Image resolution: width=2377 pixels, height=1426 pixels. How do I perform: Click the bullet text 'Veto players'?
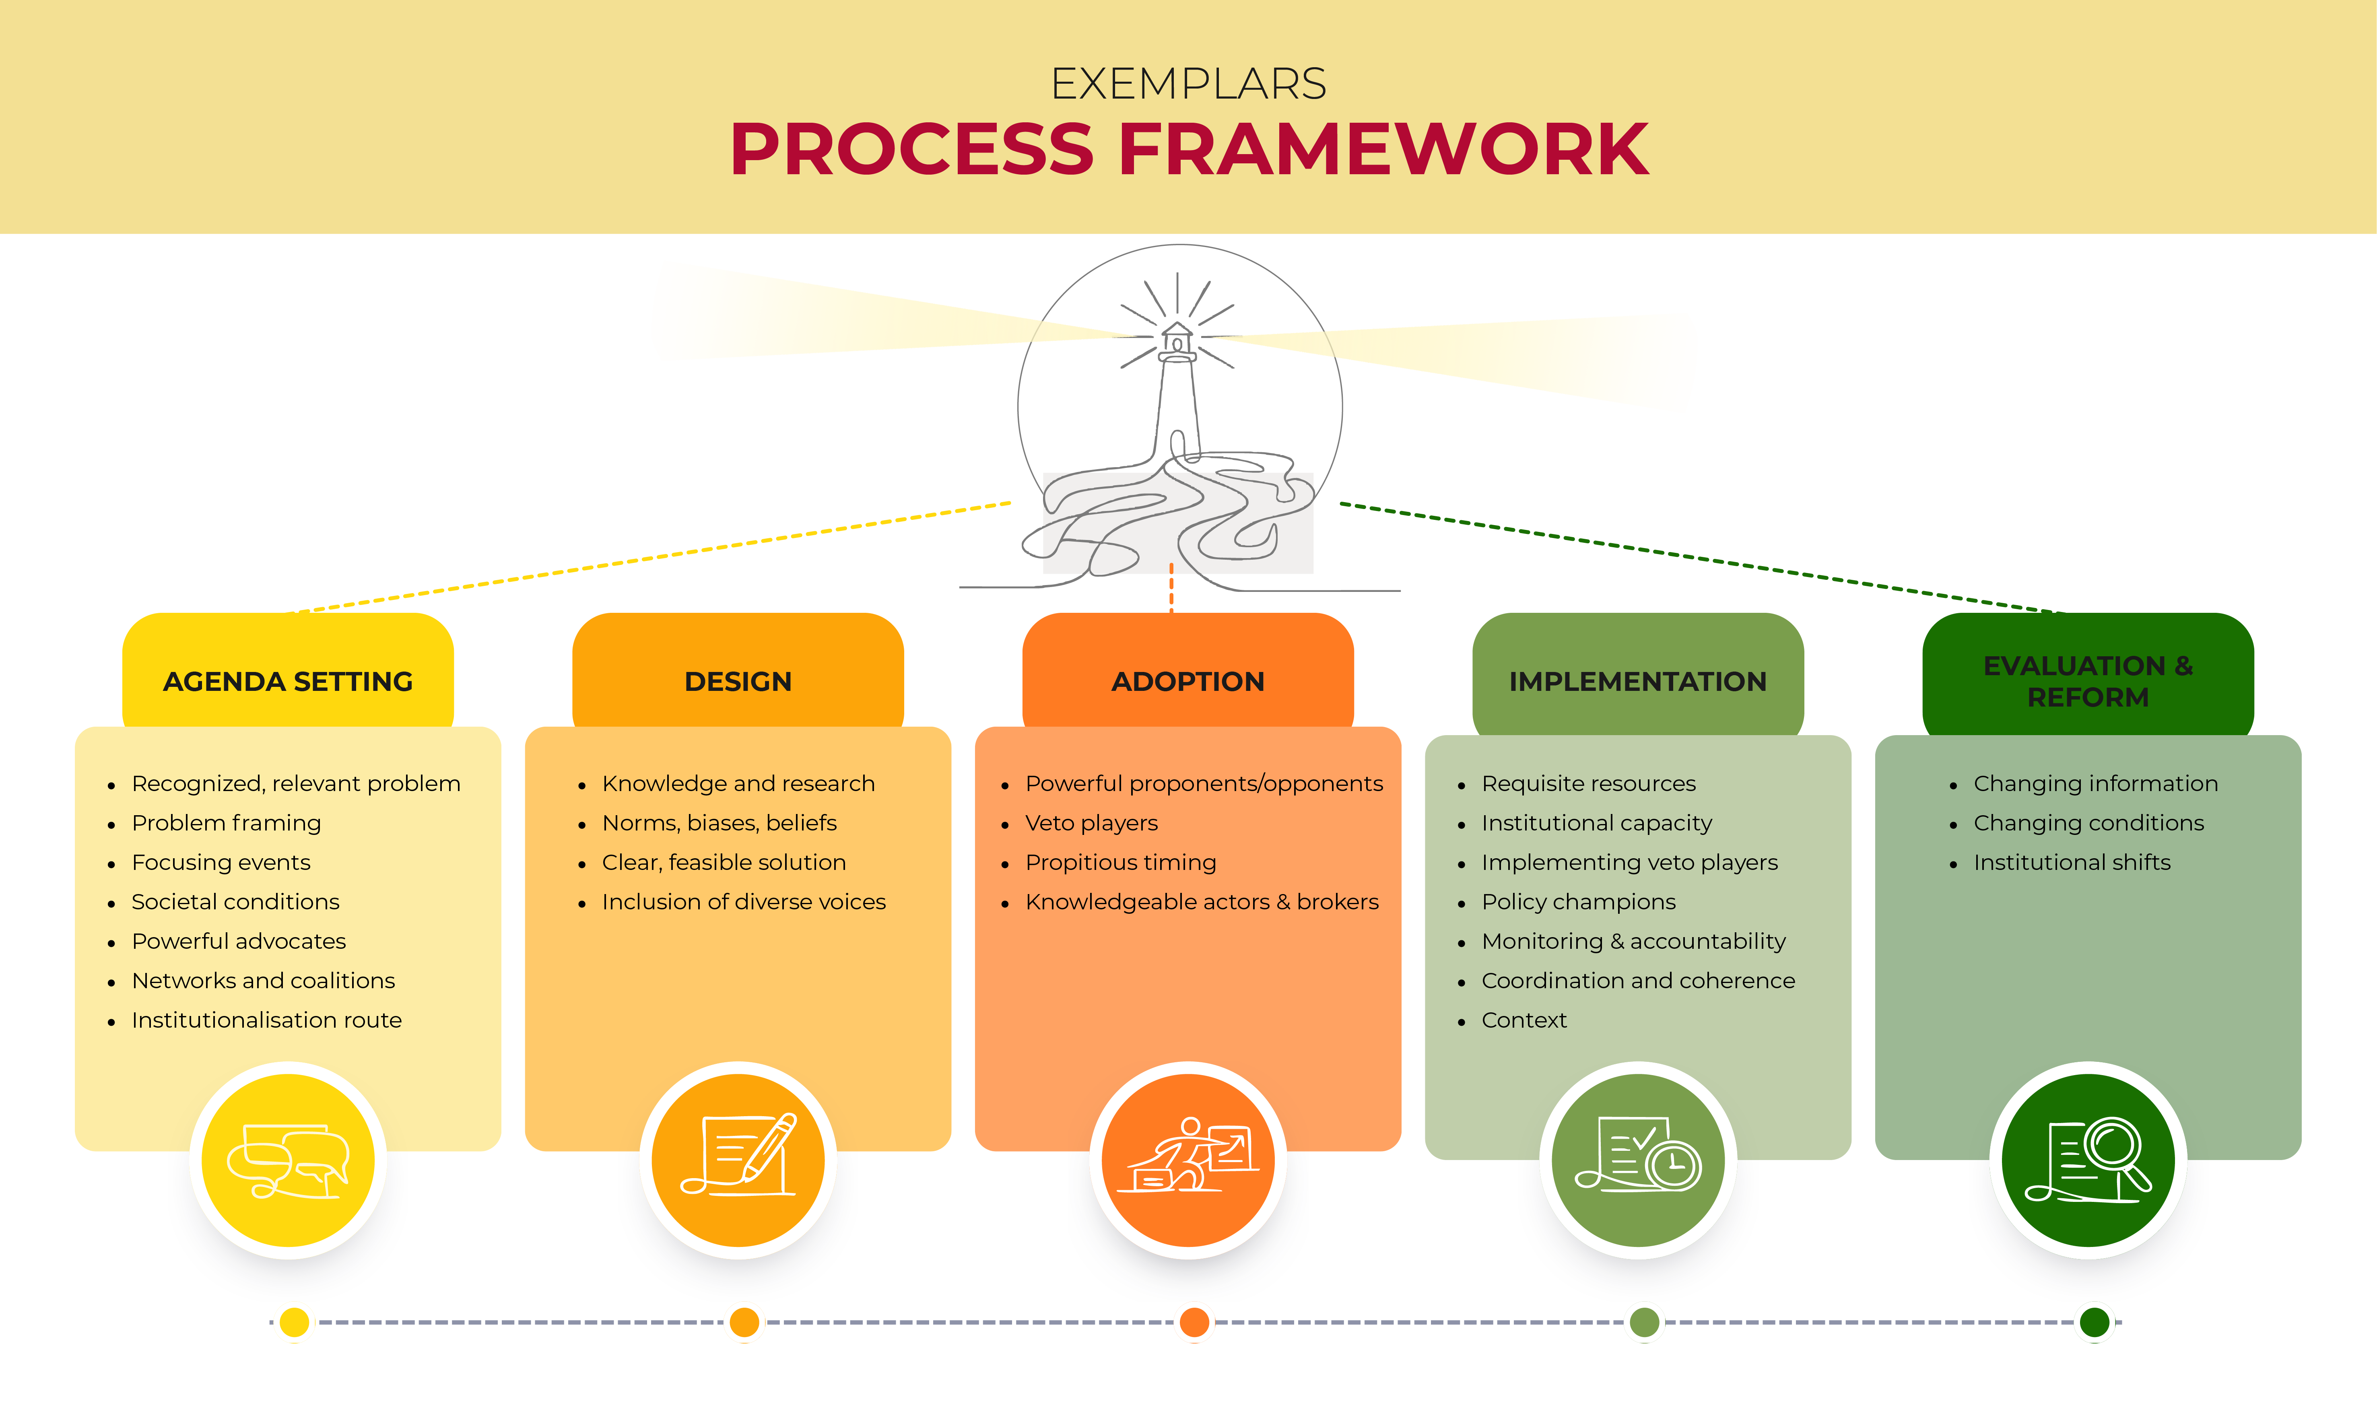tap(1091, 824)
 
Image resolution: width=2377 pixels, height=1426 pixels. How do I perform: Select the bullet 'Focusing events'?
tap(221, 863)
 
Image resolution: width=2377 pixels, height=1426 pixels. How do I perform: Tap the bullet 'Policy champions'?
tap(1579, 902)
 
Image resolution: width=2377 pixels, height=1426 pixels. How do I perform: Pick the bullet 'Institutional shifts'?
tap(2072, 863)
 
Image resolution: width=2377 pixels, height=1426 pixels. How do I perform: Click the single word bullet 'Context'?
tap(1524, 1020)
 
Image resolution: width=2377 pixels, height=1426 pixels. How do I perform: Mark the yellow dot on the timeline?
tap(295, 1322)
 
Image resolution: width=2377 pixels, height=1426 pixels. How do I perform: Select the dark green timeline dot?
tap(2095, 1322)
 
